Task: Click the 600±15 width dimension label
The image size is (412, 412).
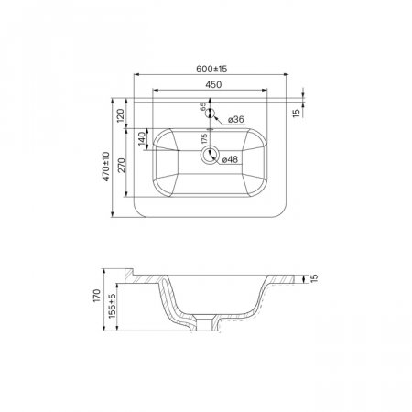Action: coord(211,69)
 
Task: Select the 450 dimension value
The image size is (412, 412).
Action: coord(213,85)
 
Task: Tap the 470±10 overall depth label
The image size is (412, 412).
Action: coord(105,167)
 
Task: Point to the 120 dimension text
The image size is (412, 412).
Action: coord(121,115)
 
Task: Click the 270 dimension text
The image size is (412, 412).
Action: coord(122,165)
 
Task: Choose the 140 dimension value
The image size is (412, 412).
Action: coord(143,139)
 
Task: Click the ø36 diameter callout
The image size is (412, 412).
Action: coord(236,120)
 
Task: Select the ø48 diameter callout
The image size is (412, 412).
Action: coord(230,159)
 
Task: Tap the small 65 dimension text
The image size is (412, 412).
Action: coord(203,106)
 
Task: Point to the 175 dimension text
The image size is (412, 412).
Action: coord(204,138)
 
